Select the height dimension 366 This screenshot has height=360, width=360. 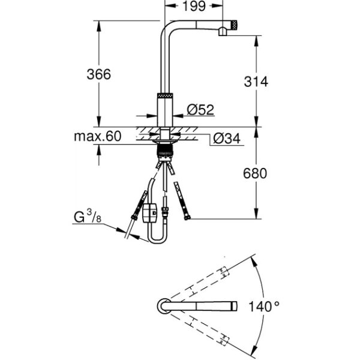(x=99, y=74)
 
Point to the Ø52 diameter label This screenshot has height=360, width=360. (x=200, y=110)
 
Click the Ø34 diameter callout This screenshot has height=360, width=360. (x=226, y=139)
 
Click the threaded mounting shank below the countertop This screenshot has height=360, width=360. (x=164, y=147)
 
